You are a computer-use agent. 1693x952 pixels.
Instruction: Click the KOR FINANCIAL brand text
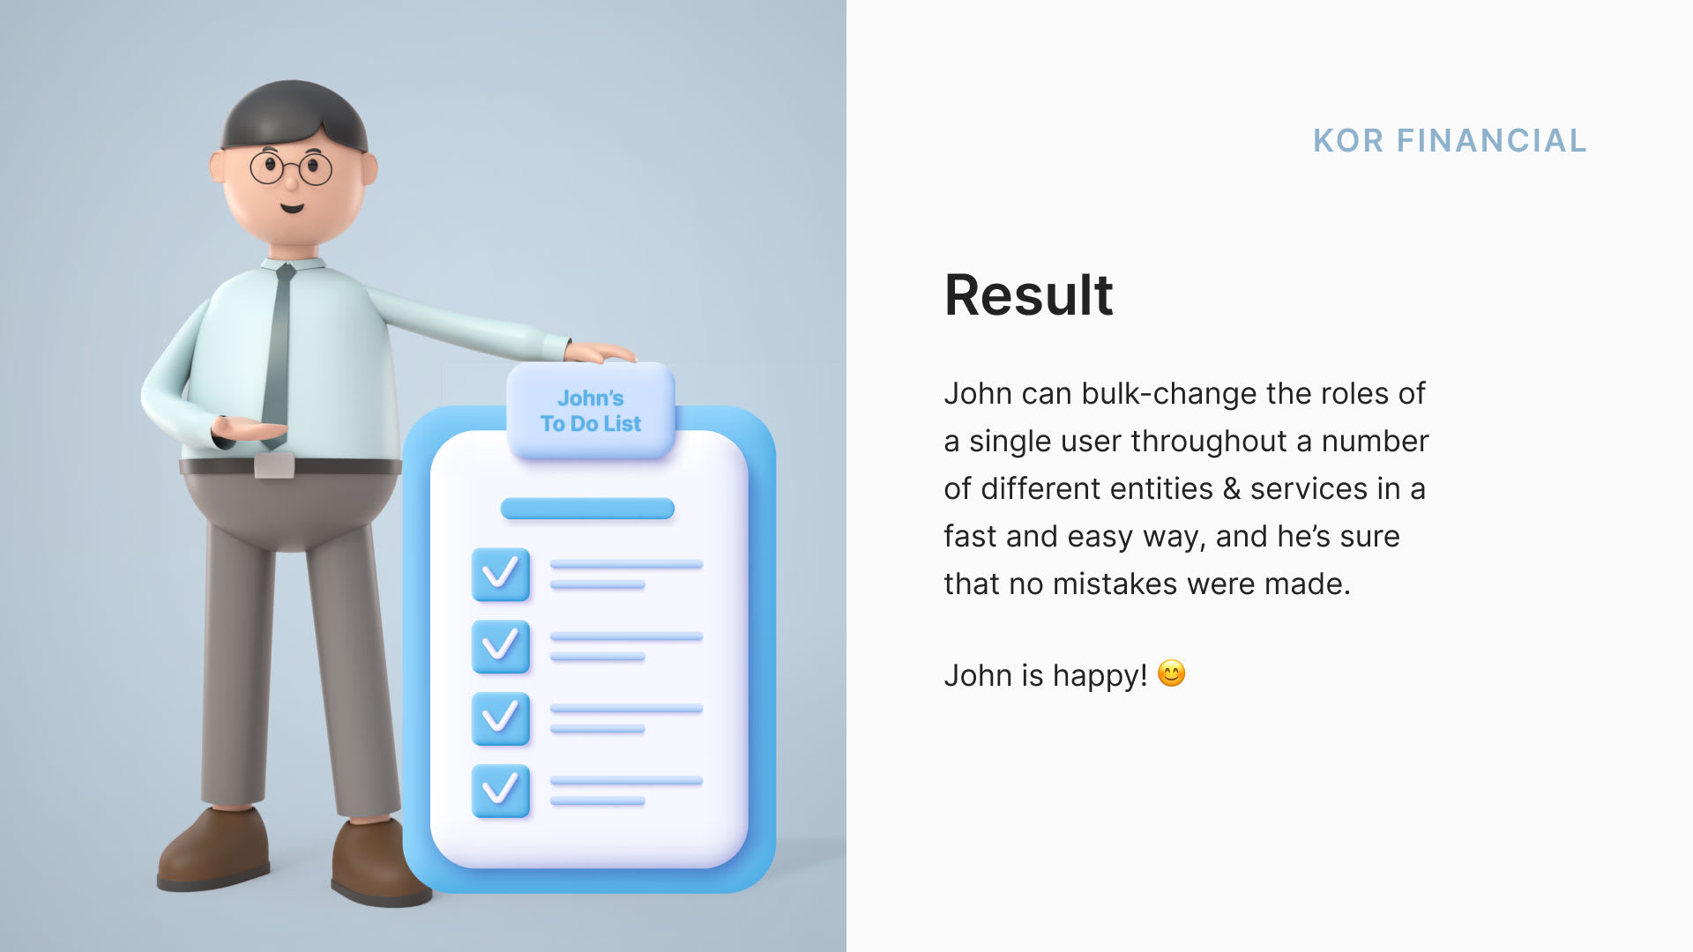pyautogui.click(x=1450, y=141)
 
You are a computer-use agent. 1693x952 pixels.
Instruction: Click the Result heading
pyautogui.click(x=1028, y=294)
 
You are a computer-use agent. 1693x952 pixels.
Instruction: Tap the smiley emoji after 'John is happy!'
pyautogui.click(x=1171, y=674)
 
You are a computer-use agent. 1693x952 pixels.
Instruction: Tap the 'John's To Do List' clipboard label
pyautogui.click(x=591, y=411)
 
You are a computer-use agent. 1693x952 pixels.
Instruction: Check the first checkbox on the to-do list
pyautogui.click(x=501, y=575)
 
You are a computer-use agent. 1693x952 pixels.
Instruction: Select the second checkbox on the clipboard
pyautogui.click(x=501, y=646)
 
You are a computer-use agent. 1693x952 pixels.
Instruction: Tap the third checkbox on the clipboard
pyautogui.click(x=501, y=718)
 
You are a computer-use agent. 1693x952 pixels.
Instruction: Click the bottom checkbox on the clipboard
pyautogui.click(x=501, y=791)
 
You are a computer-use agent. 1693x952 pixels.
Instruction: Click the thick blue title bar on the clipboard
pyautogui.click(x=587, y=509)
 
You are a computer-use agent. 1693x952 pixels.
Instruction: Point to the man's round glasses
pyautogui.click(x=291, y=167)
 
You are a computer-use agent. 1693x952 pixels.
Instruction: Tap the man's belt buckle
pyautogui.click(x=274, y=465)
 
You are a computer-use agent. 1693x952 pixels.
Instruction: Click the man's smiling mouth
pyautogui.click(x=292, y=209)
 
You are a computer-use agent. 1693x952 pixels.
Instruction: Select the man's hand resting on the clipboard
pyautogui.click(x=600, y=353)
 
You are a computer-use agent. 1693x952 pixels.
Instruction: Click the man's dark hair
pyautogui.click(x=294, y=113)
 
